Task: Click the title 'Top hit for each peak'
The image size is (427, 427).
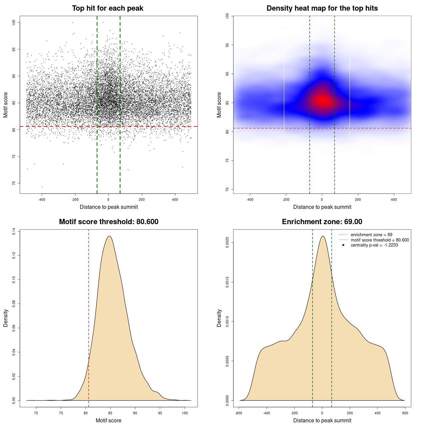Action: click(107, 8)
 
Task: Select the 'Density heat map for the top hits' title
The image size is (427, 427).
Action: click(322, 8)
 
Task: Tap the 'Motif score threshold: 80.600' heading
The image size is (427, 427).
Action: click(108, 222)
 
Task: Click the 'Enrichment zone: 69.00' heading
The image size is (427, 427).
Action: click(322, 222)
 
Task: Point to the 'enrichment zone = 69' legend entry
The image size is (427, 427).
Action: click(371, 235)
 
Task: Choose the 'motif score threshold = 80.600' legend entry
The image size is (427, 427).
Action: click(380, 240)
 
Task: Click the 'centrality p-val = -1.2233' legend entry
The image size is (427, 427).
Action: click(374, 245)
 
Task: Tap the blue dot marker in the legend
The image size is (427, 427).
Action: click(343, 245)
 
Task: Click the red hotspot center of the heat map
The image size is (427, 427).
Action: click(323, 100)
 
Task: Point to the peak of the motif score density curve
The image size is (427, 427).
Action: click(109, 236)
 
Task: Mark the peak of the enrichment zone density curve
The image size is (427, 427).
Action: click(323, 236)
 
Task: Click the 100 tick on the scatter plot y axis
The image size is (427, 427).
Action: click(14, 22)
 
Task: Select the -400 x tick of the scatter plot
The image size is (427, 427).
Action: click(42, 200)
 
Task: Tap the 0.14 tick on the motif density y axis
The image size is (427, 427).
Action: click(14, 232)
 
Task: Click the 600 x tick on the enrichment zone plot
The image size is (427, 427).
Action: click(405, 413)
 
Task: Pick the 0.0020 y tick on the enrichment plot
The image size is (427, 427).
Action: click(228, 243)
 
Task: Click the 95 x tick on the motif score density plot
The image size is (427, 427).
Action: click(160, 413)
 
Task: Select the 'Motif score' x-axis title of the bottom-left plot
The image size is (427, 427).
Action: click(108, 420)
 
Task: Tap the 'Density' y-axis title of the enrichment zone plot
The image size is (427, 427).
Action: click(219, 318)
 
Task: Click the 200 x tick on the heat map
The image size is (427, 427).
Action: click(358, 200)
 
